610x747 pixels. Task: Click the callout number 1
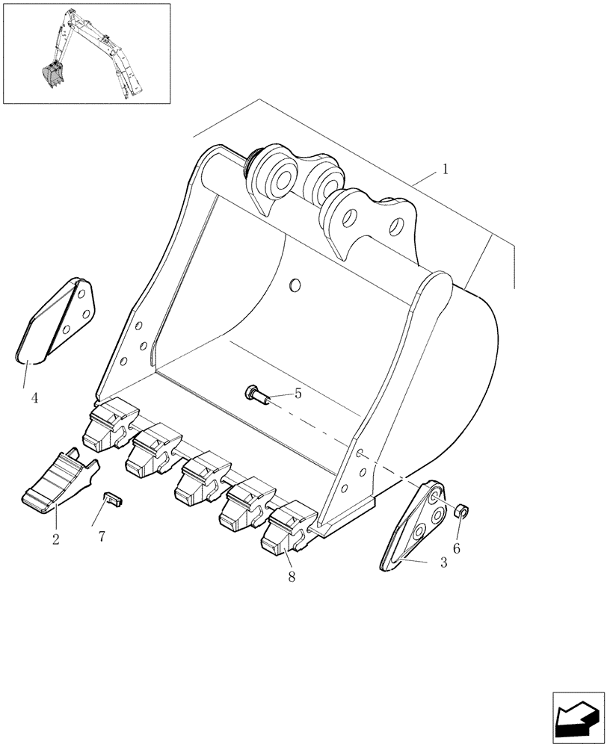446,170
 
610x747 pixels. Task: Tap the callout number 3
443,562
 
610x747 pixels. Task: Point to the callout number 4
34,398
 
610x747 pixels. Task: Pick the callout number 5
298,393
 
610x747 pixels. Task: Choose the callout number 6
457,548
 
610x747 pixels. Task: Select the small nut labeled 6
462,512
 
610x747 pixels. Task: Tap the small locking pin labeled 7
113,498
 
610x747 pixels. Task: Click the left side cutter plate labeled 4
58,320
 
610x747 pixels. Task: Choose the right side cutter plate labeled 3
413,527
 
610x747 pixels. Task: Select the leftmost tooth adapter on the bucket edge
110,427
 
